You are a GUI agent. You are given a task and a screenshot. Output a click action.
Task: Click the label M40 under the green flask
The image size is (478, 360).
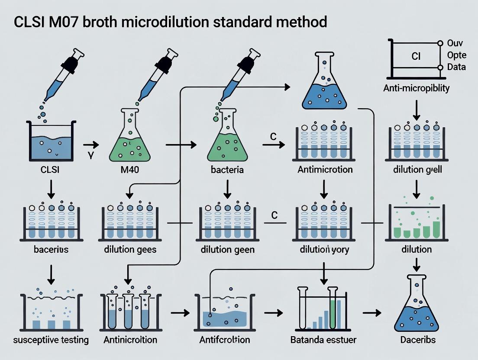click(129, 170)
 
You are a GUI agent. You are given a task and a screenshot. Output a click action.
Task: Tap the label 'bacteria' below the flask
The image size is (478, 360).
click(227, 170)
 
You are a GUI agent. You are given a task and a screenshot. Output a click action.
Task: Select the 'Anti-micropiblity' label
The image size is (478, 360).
click(417, 88)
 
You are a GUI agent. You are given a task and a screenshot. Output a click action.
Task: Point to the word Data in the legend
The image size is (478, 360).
click(457, 67)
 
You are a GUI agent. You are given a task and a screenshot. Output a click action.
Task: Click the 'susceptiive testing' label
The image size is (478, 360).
click(51, 340)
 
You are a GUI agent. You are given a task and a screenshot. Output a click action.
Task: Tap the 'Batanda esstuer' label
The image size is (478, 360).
click(324, 340)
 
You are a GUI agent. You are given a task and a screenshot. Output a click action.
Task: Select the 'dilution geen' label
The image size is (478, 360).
click(227, 250)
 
